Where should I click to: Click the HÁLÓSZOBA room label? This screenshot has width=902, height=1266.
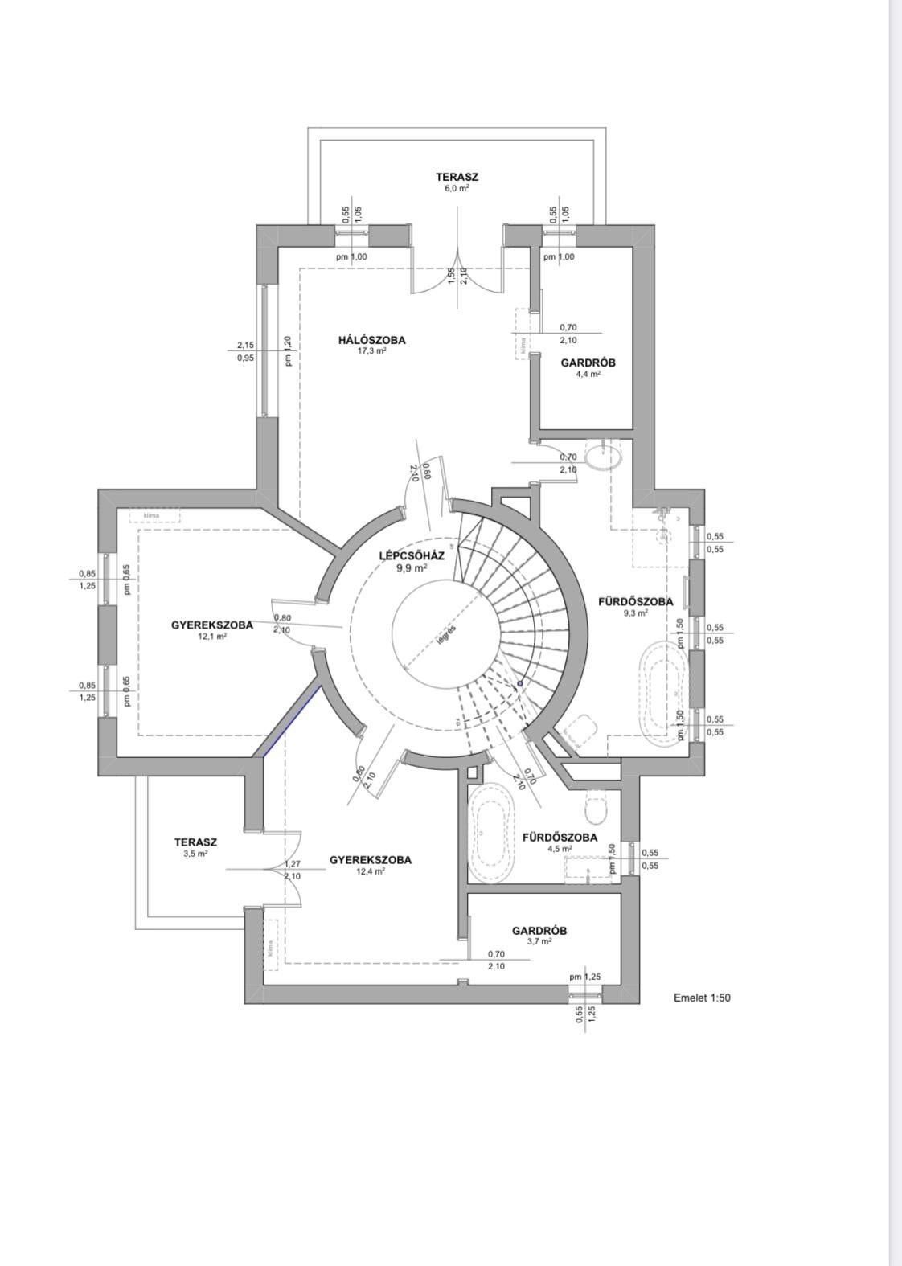(x=371, y=340)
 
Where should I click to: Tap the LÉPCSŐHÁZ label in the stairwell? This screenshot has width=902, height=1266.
(x=411, y=556)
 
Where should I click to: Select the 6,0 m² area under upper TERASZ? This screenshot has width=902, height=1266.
(x=457, y=188)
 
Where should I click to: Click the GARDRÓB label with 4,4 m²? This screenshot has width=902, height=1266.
(x=588, y=363)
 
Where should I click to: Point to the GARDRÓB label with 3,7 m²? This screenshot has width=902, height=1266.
(x=539, y=931)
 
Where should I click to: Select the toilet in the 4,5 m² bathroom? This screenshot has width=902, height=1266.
(x=597, y=809)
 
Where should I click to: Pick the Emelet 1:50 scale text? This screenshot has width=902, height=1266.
(x=702, y=998)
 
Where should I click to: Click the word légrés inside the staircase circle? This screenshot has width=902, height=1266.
(x=446, y=635)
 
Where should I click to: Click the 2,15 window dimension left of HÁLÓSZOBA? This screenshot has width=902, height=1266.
(x=245, y=345)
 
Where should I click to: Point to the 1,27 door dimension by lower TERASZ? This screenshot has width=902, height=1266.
(x=292, y=864)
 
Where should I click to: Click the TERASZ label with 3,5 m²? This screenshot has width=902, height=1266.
(x=195, y=842)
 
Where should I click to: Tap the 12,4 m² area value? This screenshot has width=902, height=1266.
(x=370, y=871)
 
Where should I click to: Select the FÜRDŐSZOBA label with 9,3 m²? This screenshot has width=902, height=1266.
(x=635, y=601)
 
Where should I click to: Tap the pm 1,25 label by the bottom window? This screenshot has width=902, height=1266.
(x=584, y=977)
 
